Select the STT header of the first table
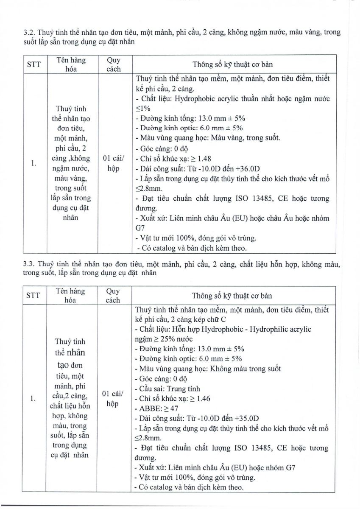[x=34, y=64]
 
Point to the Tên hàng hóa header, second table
[x=70, y=296]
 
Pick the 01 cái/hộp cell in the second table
[x=113, y=399]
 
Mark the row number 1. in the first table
[x=34, y=163]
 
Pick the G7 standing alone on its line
[x=140, y=228]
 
